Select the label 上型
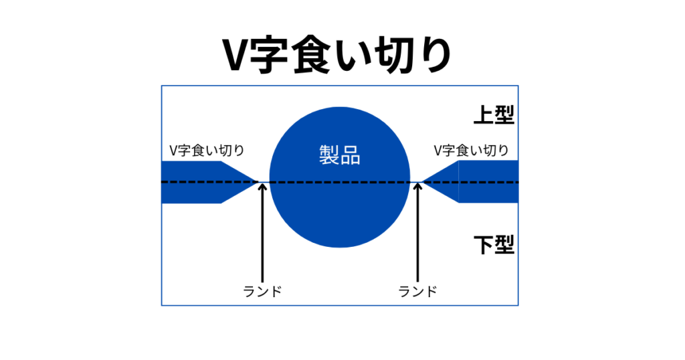pyautogui.click(x=494, y=114)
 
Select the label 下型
pyautogui.click(x=494, y=244)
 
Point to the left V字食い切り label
pyautogui.click(x=207, y=151)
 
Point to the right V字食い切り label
pyautogui.click(x=471, y=151)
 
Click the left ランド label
pyautogui.click(x=262, y=291)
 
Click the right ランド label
pyautogui.click(x=417, y=291)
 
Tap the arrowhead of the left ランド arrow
pyautogui.click(x=262, y=188)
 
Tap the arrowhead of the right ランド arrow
pyautogui.click(x=417, y=188)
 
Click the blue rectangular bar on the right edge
pyautogui.click(x=488, y=181)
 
